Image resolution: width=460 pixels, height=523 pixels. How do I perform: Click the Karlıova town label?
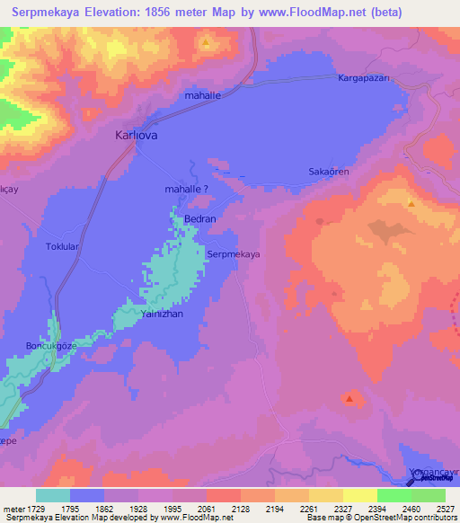pos(137,136)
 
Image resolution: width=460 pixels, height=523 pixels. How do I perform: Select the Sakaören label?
pos(328,170)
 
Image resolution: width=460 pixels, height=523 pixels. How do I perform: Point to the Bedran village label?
pos(199,218)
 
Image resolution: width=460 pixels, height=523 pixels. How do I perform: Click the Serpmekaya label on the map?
pos(234,254)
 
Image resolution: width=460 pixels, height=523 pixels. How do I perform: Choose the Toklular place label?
pos(63,244)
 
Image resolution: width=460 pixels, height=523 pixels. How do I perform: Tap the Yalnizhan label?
pos(162,315)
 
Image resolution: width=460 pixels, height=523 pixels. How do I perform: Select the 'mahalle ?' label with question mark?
pos(187,190)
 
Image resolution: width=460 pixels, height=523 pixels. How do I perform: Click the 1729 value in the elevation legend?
pos(36,508)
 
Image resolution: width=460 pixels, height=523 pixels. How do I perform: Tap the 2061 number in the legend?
pos(206,508)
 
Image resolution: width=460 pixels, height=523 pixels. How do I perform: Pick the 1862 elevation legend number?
pos(104,508)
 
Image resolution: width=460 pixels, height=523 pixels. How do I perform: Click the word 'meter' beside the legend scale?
pos(13,508)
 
